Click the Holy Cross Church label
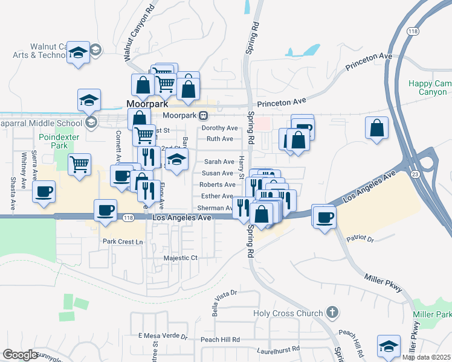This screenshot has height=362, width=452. tap(288, 313)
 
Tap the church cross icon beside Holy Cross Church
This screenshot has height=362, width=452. tap(331, 313)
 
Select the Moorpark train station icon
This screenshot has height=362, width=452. tap(204, 115)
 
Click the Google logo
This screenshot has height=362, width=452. tap(20, 355)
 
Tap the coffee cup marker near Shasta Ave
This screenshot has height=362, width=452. tap(44, 192)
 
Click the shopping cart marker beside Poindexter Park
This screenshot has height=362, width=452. tap(79, 164)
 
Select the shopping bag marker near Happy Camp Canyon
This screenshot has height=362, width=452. tap(376, 128)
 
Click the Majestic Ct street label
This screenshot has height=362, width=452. tap(181, 258)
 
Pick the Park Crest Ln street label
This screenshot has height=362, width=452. tap(122, 242)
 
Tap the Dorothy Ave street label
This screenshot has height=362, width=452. tap(220, 128)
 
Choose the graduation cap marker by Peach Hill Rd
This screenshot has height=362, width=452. tap(388, 345)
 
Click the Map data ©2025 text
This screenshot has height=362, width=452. tap(427, 357)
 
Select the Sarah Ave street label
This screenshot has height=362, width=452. tap(219, 162)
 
